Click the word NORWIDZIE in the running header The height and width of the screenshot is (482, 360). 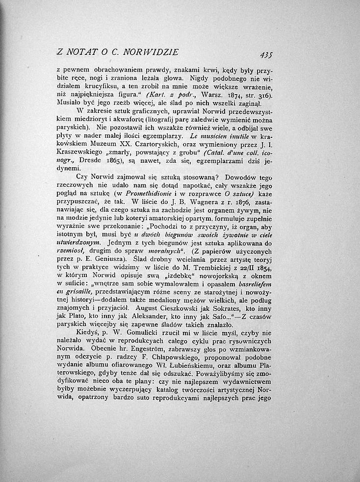pyautogui.click(x=151, y=51)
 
